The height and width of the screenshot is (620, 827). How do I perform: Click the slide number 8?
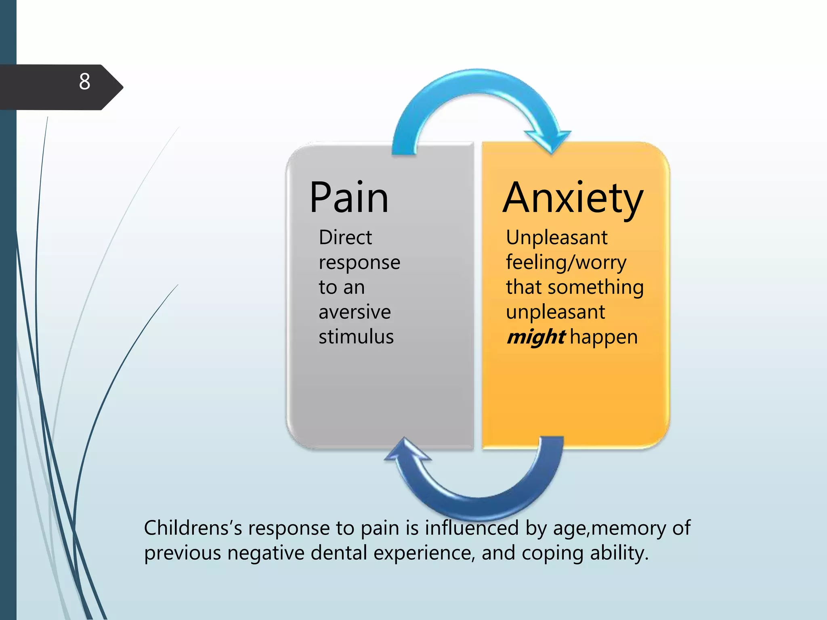pos(84,82)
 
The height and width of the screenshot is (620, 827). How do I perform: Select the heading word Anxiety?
pos(573,199)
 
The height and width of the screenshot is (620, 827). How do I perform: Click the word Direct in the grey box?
pos(345,237)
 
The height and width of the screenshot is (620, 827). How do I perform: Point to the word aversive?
pos(355,312)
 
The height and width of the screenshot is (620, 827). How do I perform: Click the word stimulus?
pos(356,337)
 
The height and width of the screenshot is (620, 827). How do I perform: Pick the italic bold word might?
pos(535,337)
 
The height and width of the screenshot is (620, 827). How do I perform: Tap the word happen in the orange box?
pos(603,337)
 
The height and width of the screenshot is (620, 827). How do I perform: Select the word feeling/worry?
pos(566,263)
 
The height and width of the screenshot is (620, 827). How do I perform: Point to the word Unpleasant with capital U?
pos(556,237)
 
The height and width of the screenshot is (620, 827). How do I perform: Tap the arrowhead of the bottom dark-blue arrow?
pos(407,450)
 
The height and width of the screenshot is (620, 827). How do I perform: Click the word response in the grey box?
pos(359,263)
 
